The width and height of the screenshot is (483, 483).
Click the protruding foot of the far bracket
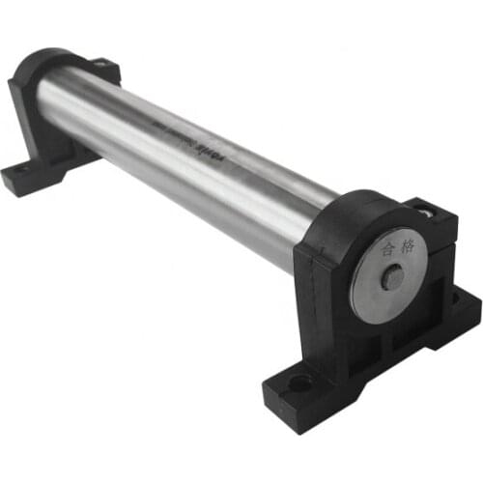click(x=25, y=177)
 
